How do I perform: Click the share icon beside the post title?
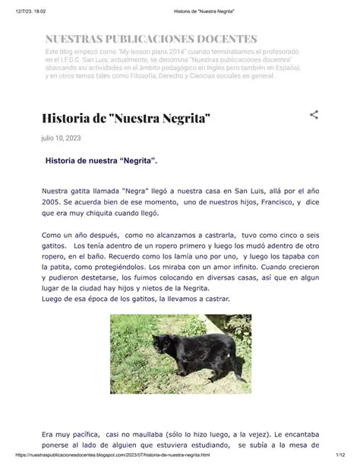314,115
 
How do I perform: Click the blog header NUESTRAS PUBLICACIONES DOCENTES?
150,39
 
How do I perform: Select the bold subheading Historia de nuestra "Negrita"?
101,161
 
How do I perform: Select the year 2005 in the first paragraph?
53,203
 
